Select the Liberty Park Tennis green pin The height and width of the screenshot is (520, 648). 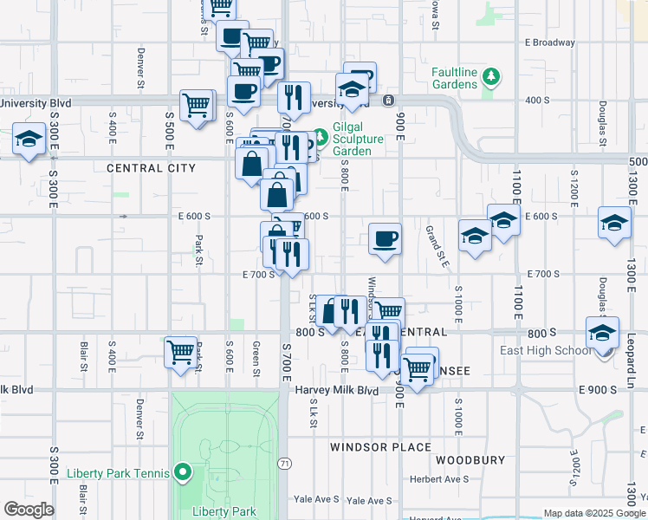coord(182,473)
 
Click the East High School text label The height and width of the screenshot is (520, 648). coord(547,350)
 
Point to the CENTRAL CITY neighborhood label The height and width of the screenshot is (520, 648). coord(151,168)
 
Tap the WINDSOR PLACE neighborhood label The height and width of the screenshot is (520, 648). coord(379,447)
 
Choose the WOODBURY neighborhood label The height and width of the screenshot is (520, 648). coord(469,459)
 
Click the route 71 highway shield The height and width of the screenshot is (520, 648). coord(285,465)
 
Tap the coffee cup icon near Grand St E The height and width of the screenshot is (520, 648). coord(385,237)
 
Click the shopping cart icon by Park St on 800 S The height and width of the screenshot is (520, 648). coord(180,351)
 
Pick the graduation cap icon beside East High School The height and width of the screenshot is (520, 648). coord(603,332)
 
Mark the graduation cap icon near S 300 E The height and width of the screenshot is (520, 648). coord(29,139)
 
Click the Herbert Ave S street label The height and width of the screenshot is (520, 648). coord(438,479)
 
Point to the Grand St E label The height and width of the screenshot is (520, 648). coord(436,246)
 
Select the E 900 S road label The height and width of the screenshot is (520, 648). coord(598,390)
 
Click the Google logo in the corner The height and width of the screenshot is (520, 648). coord(29,510)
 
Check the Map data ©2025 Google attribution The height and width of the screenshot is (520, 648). coord(594,513)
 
